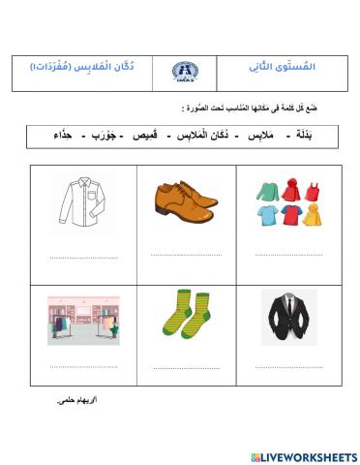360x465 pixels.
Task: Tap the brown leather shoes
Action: (x=187, y=201)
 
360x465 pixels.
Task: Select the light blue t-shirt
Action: (x=268, y=215)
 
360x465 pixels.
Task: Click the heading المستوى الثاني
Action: (x=288, y=71)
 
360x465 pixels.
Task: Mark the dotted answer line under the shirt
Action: (x=83, y=258)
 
